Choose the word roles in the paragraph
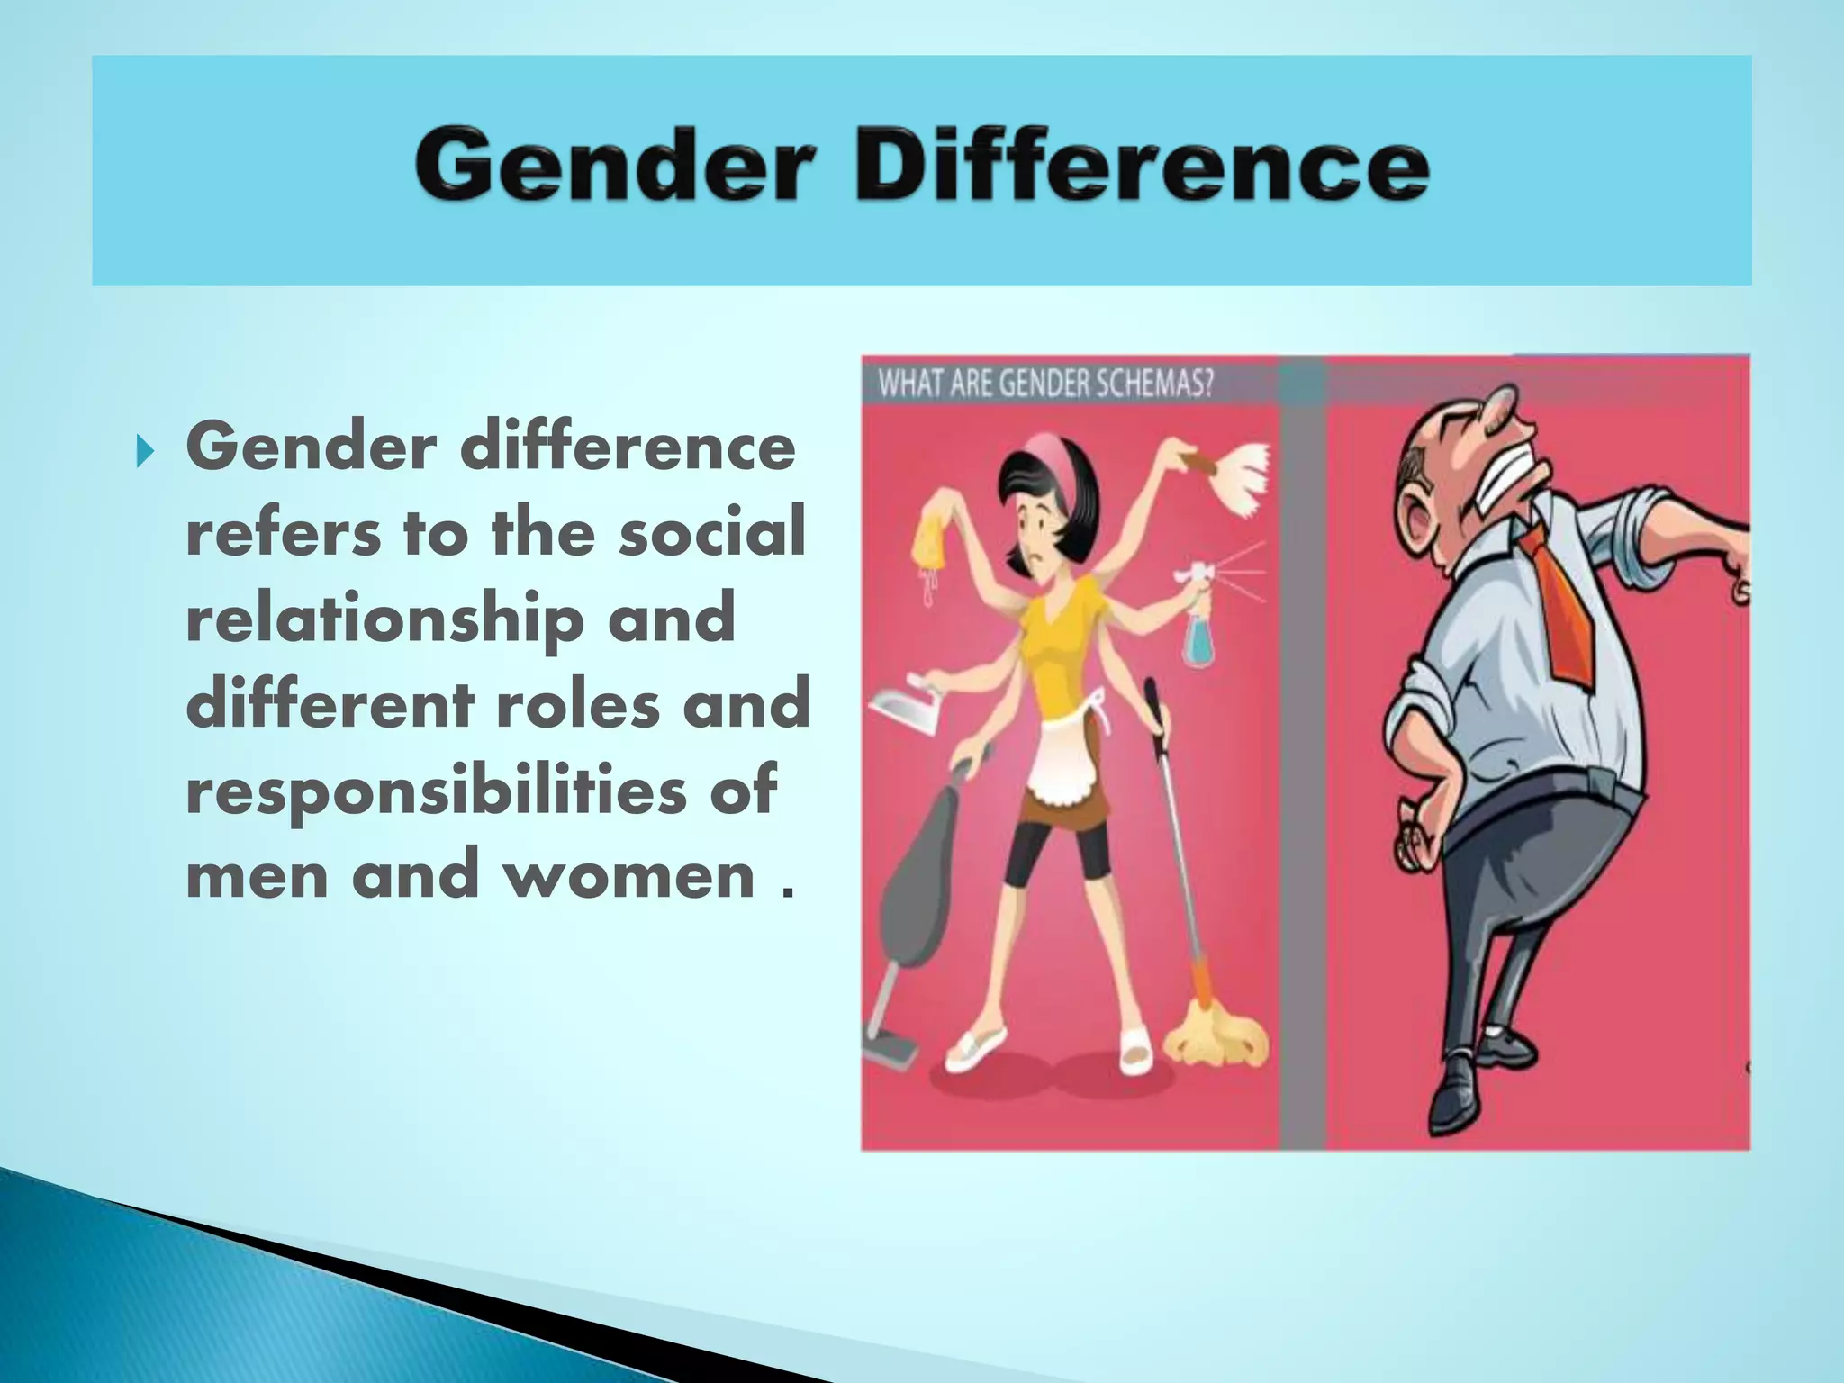579,705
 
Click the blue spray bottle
1198,621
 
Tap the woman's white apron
1063,762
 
